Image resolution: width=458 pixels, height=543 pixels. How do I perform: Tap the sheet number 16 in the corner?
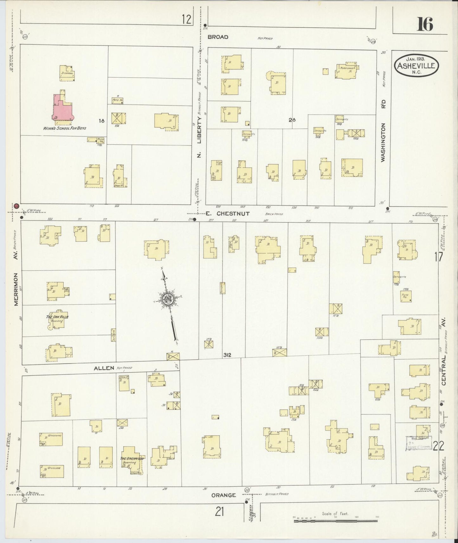pyautogui.click(x=425, y=24)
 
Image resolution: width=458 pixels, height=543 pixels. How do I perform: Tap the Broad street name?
pyautogui.click(x=218, y=37)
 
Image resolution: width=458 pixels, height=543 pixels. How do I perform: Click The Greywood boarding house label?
pyautogui.click(x=132, y=458)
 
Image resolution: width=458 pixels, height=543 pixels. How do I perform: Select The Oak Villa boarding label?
pyautogui.click(x=57, y=316)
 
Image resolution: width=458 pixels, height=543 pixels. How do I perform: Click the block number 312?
pyautogui.click(x=227, y=355)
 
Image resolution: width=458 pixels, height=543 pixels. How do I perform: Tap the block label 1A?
pyautogui.click(x=101, y=121)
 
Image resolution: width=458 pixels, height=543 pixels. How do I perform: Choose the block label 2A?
pyautogui.click(x=292, y=120)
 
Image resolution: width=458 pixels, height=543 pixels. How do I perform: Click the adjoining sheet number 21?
pyautogui.click(x=219, y=511)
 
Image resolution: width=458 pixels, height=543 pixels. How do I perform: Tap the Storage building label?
pyautogui.click(x=67, y=73)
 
